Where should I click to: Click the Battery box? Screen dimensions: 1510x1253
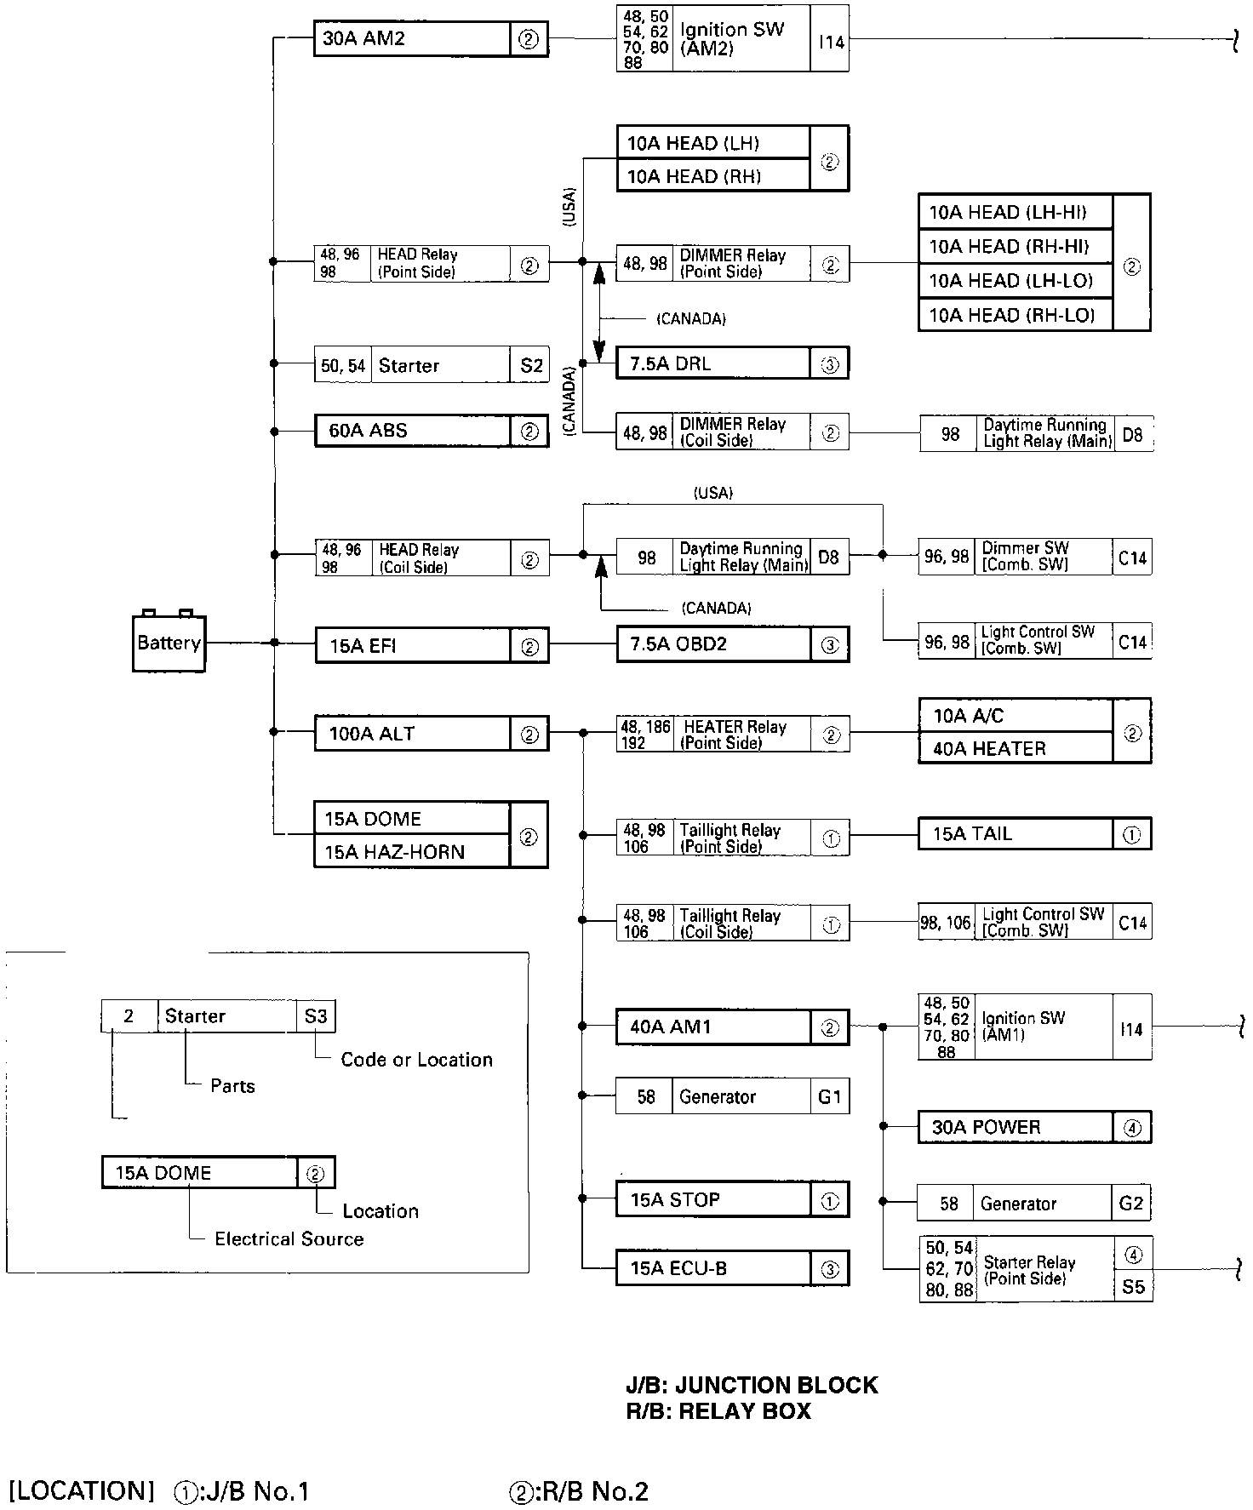coord(169,643)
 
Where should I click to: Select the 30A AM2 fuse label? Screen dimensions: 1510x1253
coord(364,38)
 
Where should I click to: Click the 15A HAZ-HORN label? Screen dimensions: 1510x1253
coord(394,852)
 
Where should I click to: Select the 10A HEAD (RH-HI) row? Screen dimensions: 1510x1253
coord(1008,247)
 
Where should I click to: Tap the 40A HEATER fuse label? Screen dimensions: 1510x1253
coord(989,749)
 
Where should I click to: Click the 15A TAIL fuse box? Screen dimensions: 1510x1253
coord(972,834)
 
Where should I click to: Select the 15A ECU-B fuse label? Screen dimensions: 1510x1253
coord(678,1269)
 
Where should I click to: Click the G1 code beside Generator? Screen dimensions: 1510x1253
coord(829,1097)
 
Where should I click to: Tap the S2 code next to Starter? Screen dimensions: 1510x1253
coord(531,366)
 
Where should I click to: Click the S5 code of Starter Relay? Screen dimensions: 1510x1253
coord(1133,1286)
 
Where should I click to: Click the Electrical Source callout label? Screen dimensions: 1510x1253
coord(289,1239)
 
